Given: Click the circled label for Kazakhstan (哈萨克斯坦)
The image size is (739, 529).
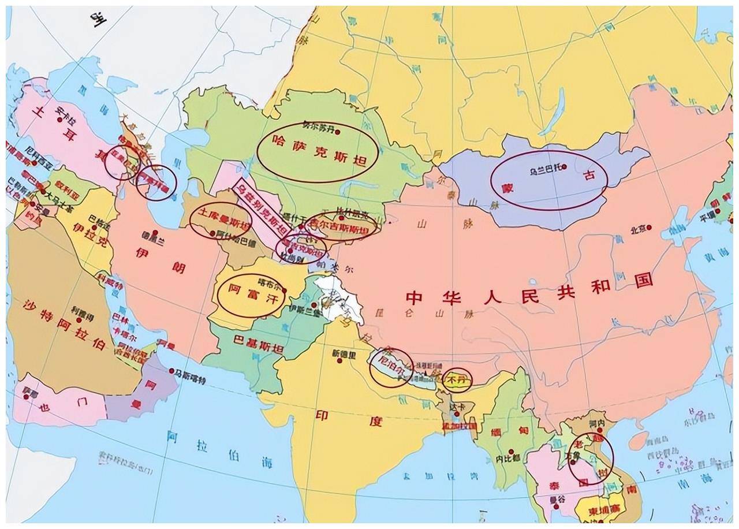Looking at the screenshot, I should (x=317, y=152).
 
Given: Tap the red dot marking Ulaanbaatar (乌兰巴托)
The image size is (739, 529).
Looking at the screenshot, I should (x=564, y=167).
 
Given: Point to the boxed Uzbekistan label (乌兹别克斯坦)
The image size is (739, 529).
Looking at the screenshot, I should (x=263, y=206).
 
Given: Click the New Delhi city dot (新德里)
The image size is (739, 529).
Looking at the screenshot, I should (x=339, y=361).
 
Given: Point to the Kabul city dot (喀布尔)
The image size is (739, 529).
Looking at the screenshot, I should (x=284, y=290).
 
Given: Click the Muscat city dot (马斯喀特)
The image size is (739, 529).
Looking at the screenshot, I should (x=172, y=371).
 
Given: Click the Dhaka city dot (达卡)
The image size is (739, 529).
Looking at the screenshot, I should (x=456, y=413).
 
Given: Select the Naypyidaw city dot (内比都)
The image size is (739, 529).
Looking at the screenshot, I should (x=511, y=452).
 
